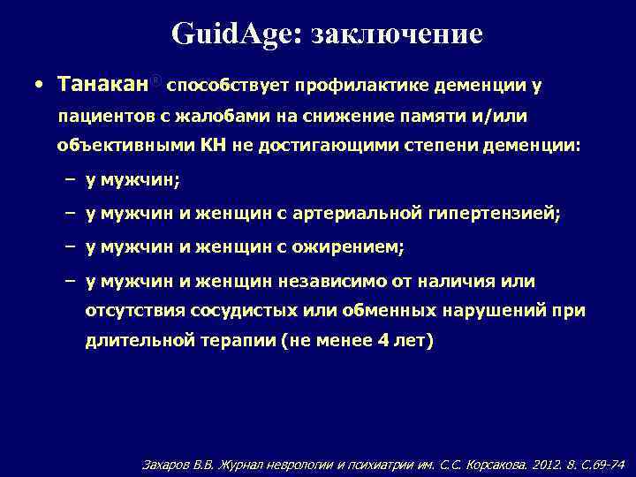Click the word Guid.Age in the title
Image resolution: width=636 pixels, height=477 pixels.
pos(236,34)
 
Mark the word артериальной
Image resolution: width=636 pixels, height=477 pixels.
pos(371,214)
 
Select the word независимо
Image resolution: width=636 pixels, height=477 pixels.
pos(333,282)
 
